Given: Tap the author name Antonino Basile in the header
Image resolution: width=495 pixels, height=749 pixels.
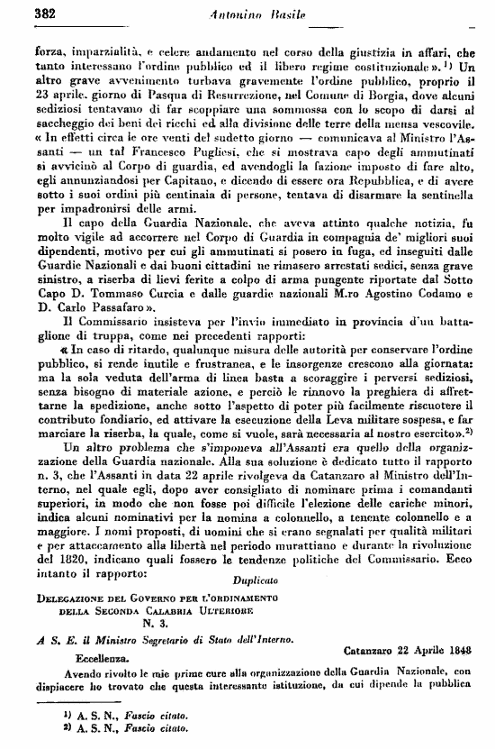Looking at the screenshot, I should (252, 14).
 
